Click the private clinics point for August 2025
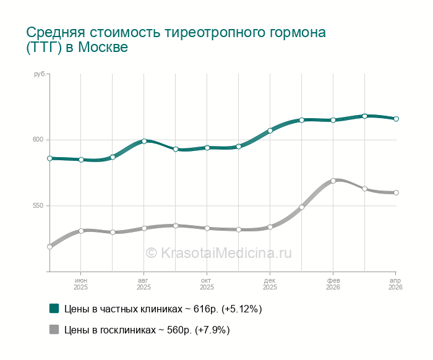pyautogui.click(x=144, y=141)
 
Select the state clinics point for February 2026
pyautogui.click(x=333, y=181)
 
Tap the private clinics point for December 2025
pyautogui.click(x=270, y=131)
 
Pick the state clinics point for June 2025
pyautogui.click(x=81, y=231)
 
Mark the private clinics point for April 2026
pyautogui.click(x=397, y=119)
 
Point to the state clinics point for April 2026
pyautogui.click(x=397, y=192)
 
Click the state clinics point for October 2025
pyautogui.click(x=207, y=228)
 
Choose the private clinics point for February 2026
pyautogui.click(x=333, y=120)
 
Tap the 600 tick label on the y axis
pyautogui.click(x=38, y=140)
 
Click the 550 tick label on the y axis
pyautogui.click(x=38, y=206)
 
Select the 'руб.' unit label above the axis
pyautogui.click(x=40, y=74)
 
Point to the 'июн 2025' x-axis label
pyautogui.click(x=81, y=284)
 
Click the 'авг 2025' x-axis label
pyautogui.click(x=144, y=284)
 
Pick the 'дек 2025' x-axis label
pyautogui.click(x=270, y=284)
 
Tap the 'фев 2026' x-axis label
pyautogui.click(x=333, y=284)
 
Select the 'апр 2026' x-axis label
pyautogui.click(x=395, y=284)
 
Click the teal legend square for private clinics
pyautogui.click(x=54, y=308)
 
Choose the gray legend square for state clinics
pyautogui.click(x=54, y=330)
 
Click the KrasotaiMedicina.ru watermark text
pyautogui.click(x=218, y=252)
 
